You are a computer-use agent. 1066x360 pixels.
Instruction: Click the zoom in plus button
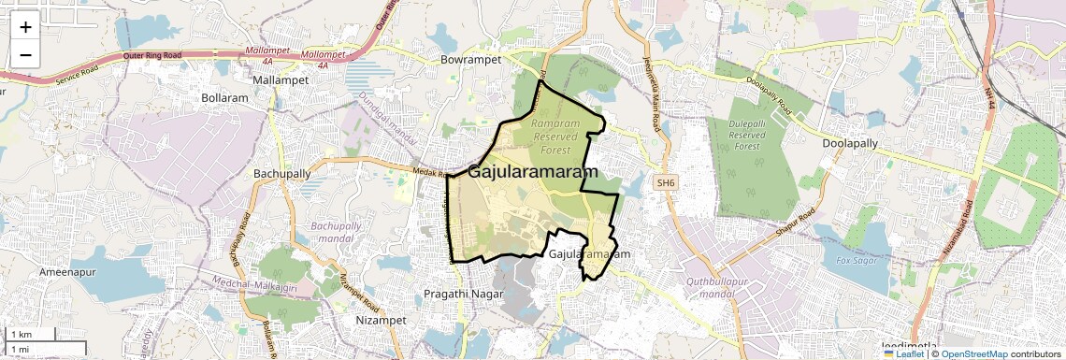point(25,27)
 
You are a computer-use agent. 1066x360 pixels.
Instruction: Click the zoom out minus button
point(25,54)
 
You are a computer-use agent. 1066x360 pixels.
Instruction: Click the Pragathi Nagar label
point(463,294)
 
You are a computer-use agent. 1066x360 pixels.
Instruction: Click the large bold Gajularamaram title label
point(532,172)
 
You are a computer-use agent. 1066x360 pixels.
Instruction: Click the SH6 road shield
point(666,182)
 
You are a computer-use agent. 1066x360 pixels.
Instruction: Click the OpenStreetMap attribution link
point(974,353)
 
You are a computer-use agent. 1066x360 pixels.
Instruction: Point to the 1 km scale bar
point(30,334)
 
